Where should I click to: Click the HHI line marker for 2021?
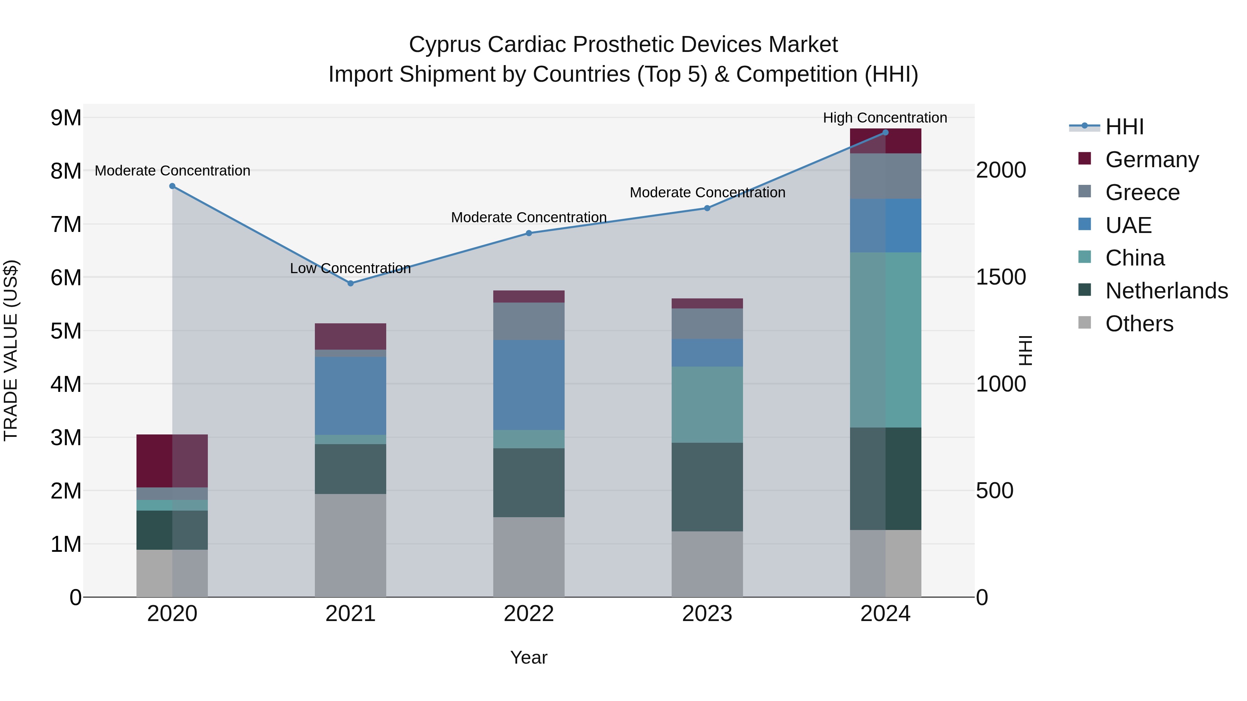coord(351,284)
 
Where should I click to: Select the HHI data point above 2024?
coord(885,133)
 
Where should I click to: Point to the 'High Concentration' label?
coord(885,118)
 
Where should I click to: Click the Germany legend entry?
coord(1152,160)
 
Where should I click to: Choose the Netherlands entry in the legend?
coord(1166,291)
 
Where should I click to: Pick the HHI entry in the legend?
coord(1124,127)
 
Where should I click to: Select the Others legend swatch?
coord(1085,323)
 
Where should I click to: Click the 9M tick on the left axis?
coord(66,118)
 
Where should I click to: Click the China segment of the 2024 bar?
coord(885,340)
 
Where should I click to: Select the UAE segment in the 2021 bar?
coord(351,396)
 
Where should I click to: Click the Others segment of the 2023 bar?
coord(707,564)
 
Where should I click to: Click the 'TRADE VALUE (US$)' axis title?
coord(11,350)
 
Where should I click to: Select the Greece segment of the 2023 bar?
coord(707,324)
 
